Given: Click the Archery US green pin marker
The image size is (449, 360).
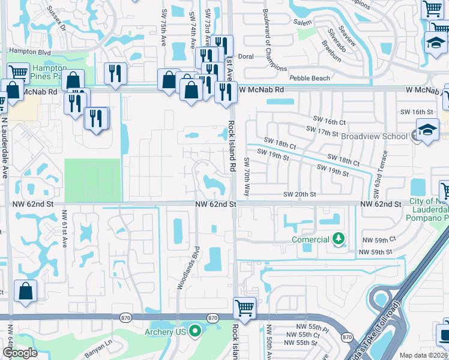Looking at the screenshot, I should tap(195, 331).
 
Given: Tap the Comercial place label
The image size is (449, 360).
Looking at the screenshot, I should tap(310, 239).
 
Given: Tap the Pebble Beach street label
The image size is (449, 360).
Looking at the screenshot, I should tap(309, 78).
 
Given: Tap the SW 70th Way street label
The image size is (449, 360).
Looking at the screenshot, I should tap(246, 176).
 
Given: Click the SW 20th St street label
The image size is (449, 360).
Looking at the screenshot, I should tap(299, 194).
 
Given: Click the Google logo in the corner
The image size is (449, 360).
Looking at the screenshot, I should tap(20, 353).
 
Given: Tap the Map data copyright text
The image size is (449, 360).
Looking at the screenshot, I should tap(424, 355).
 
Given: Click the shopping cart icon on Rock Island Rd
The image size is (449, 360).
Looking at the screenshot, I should tap(244, 308).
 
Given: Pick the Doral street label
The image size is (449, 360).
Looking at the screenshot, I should tap(246, 56).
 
